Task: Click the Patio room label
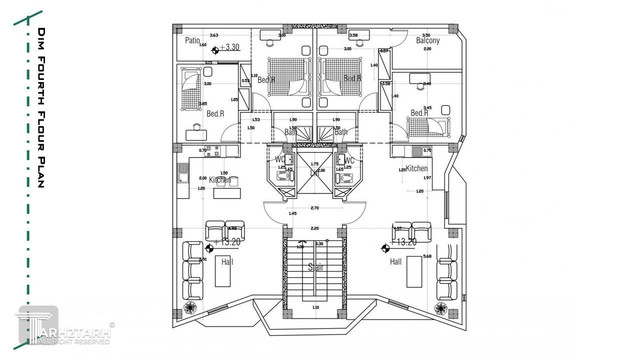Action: pyautogui.click(x=192, y=40)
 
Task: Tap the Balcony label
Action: pyautogui.click(x=428, y=40)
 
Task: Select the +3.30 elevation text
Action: pyautogui.click(x=230, y=47)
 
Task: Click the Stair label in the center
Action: pyautogui.click(x=315, y=267)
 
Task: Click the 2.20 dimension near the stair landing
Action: pyautogui.click(x=314, y=228)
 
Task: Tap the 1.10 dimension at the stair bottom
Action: pyautogui.click(x=315, y=307)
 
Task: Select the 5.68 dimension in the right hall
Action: pyautogui.click(x=427, y=256)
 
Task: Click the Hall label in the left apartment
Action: pyautogui.click(x=227, y=261)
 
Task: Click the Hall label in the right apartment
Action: pyautogui.click(x=395, y=261)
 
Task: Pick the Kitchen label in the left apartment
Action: pyautogui.click(x=220, y=179)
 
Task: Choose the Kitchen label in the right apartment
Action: pyautogui.click(x=416, y=168)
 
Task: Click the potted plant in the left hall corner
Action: pyautogui.click(x=190, y=307)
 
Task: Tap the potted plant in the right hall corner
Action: pyautogui.click(x=441, y=307)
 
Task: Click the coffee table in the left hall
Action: pyautogui.click(x=222, y=271)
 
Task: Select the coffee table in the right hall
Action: pyautogui.click(x=414, y=271)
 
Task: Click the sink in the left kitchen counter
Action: pyautogui.click(x=183, y=172)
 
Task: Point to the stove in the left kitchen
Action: pyautogui.click(x=212, y=150)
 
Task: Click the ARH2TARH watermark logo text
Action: pyautogui.click(x=75, y=333)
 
